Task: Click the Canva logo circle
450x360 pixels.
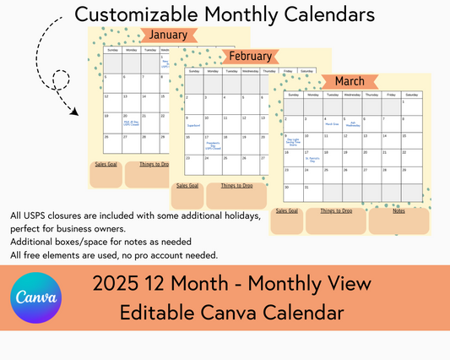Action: (36, 298)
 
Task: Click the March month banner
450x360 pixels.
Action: (350, 81)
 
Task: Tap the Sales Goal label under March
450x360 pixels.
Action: (287, 210)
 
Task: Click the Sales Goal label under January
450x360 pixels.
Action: (106, 163)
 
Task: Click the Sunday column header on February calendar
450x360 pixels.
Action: (193, 72)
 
